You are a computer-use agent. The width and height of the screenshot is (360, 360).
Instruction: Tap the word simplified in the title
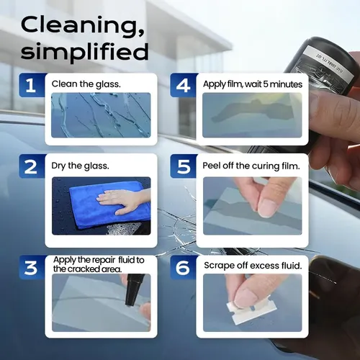[84, 52]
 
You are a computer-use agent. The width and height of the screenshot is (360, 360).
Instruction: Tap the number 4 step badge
[183, 85]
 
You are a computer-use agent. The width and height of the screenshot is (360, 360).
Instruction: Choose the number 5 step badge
[183, 166]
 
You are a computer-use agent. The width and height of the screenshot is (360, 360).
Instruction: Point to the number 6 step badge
[183, 268]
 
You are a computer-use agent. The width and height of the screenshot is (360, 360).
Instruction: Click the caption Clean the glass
[86, 84]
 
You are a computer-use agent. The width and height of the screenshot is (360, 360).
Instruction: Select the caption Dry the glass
[80, 166]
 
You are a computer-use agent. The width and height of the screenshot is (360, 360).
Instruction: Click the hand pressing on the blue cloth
[120, 200]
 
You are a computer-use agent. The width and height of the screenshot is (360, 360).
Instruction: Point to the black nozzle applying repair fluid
[133, 290]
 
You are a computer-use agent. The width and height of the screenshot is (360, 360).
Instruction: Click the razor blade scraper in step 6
[251, 310]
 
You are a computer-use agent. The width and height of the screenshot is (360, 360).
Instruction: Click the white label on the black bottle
[329, 63]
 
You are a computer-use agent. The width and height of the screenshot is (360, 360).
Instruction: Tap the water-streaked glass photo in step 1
[101, 115]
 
